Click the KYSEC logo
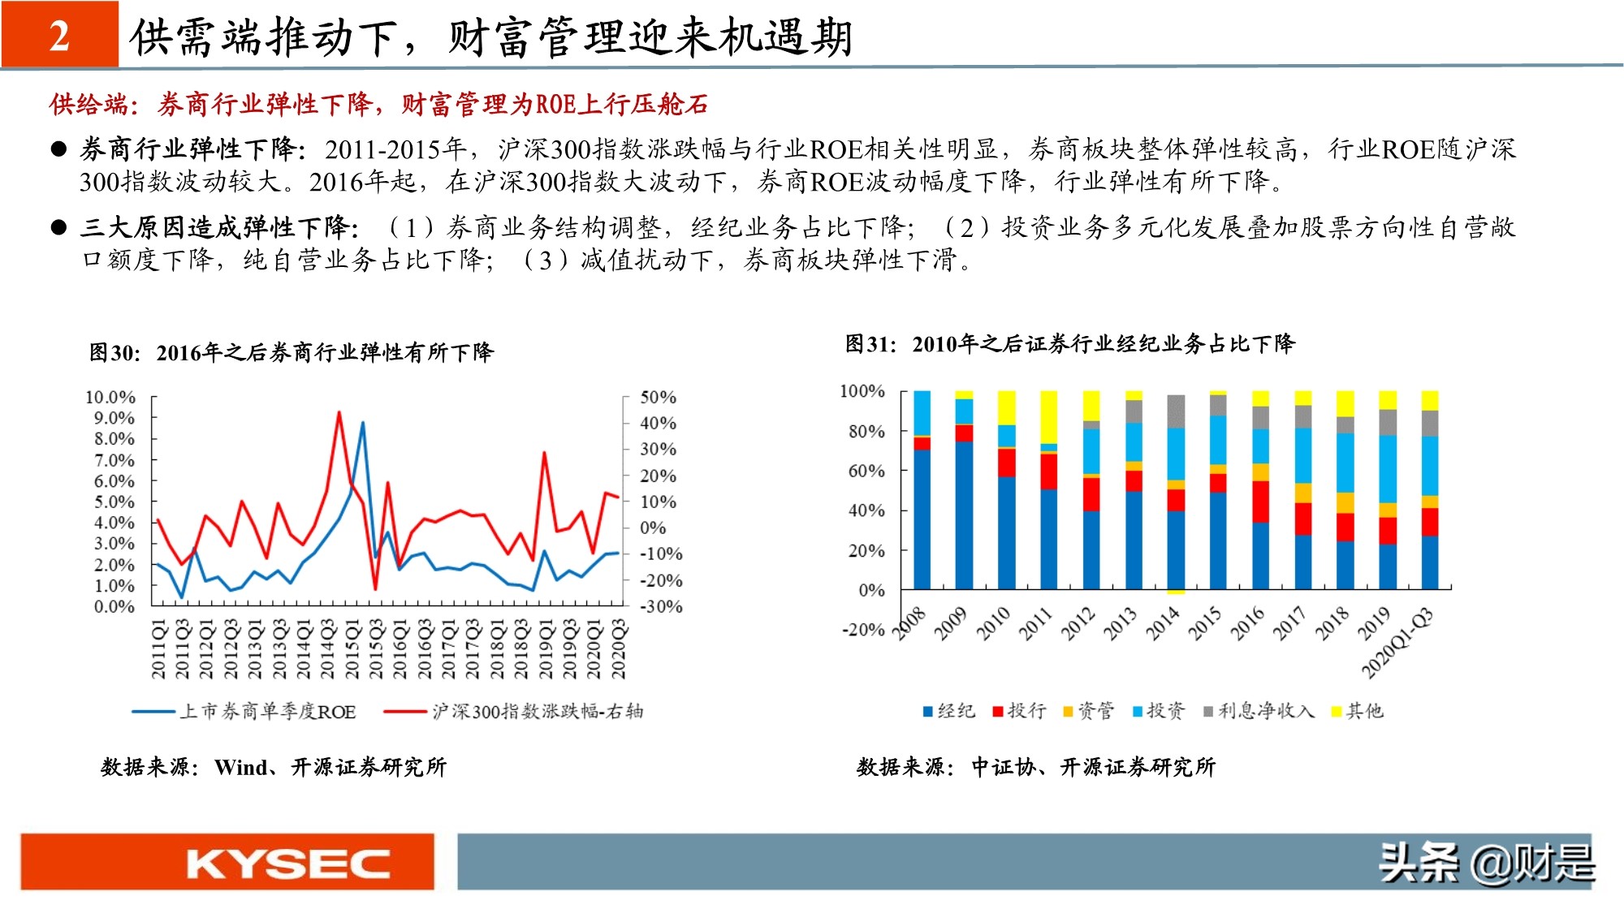coord(288,863)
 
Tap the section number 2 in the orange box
coord(59,36)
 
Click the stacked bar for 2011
coord(1048,490)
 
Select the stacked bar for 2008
coord(922,490)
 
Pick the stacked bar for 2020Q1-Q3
coord(1429,490)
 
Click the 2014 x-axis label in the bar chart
coord(1163,624)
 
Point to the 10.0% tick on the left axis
coord(110,397)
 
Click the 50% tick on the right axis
coord(658,397)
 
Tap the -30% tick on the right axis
coord(661,606)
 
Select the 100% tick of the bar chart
coord(862,390)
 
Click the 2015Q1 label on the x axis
coord(352,648)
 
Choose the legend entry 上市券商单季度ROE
coord(244,712)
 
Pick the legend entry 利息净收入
coord(1258,711)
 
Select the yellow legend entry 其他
coord(1357,711)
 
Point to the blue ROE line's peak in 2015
coord(362,422)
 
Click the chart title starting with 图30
coord(292,352)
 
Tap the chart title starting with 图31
coord(1069,344)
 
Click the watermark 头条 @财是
coord(1486,863)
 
